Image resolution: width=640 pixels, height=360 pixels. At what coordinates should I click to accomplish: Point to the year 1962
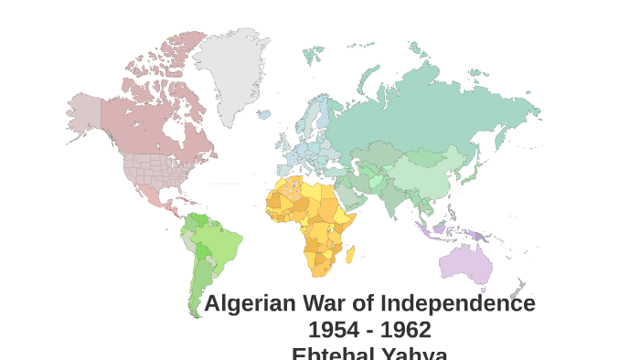[406, 330]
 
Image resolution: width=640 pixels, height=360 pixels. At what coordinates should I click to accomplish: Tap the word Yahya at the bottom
[413, 353]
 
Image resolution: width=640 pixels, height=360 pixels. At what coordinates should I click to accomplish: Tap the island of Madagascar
[350, 252]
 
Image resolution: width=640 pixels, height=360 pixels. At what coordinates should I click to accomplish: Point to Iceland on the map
[263, 115]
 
